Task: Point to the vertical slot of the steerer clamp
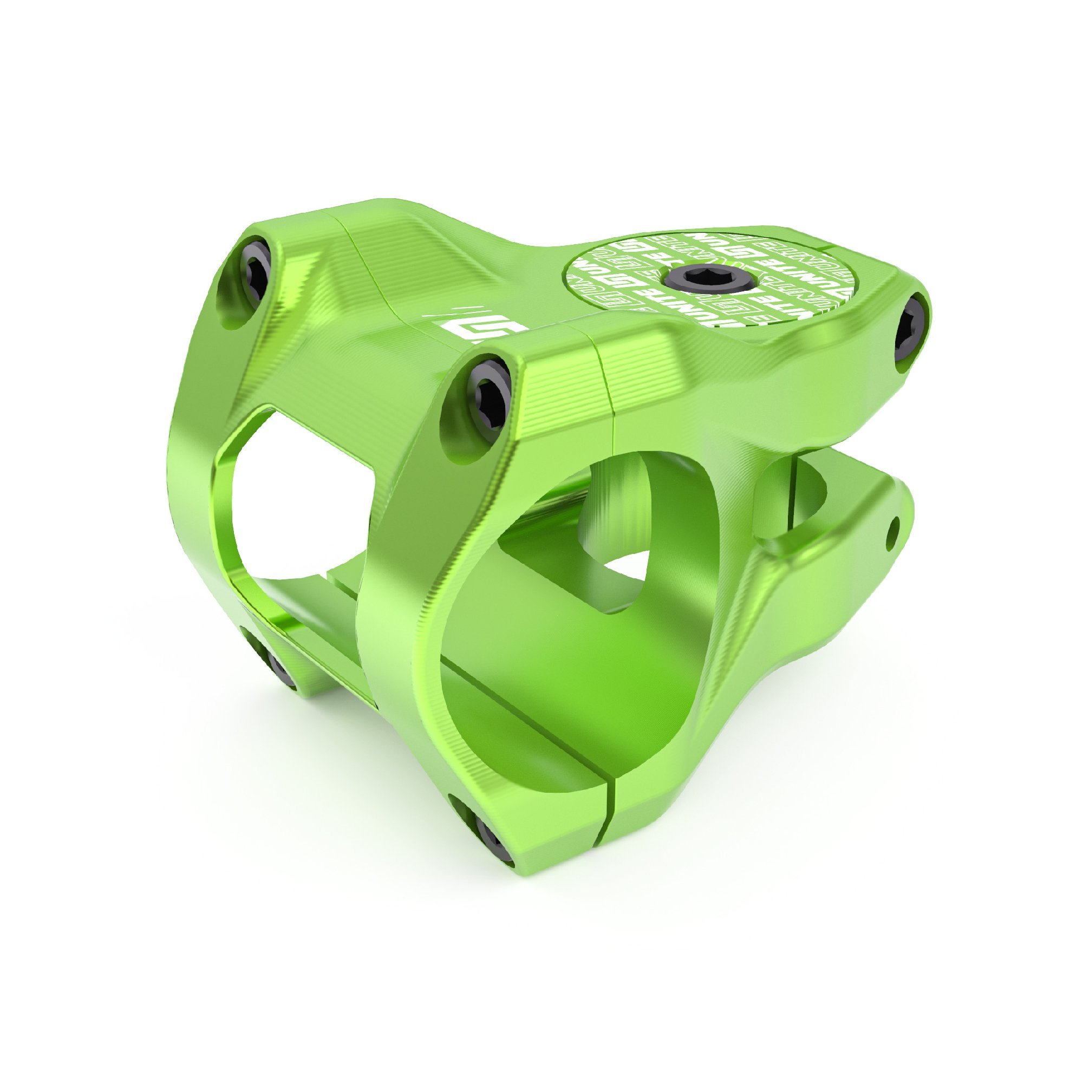coord(795,493)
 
